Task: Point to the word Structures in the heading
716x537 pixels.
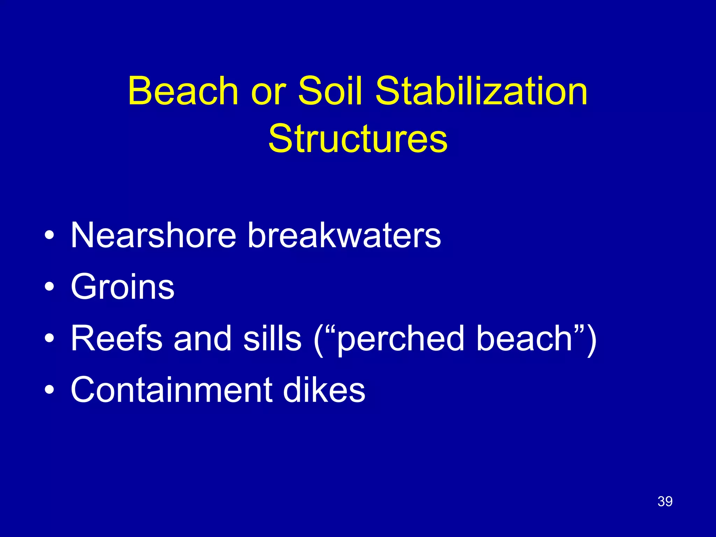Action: tap(358, 139)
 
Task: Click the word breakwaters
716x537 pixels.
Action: tap(344, 235)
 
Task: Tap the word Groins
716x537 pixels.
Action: tap(122, 287)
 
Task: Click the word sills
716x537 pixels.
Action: tap(272, 338)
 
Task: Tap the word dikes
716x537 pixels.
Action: tap(324, 389)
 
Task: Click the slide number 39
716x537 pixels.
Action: tap(665, 501)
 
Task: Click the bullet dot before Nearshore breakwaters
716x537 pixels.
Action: tap(49, 235)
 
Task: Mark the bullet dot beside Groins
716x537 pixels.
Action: tap(49, 287)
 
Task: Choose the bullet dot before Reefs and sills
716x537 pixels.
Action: tap(49, 338)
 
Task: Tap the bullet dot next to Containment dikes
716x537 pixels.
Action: tap(49, 389)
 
